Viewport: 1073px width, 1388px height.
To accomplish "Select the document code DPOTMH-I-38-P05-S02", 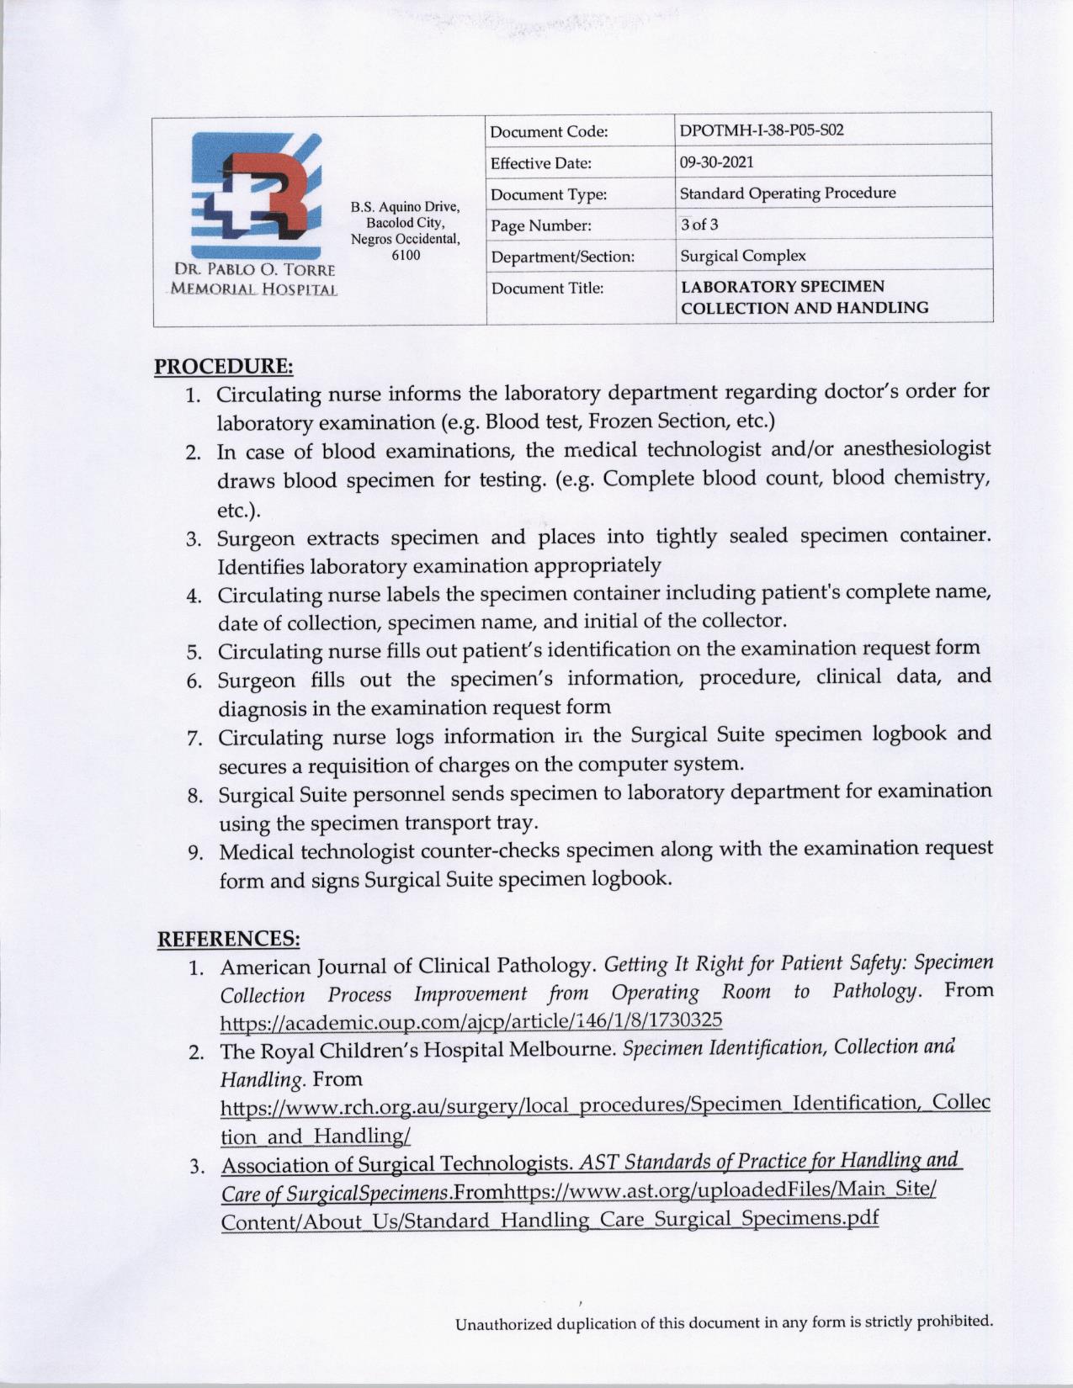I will tap(761, 130).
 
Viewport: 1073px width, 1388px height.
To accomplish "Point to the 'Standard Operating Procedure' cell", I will tap(787, 193).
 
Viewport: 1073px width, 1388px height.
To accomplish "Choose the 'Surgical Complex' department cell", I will tap(742, 256).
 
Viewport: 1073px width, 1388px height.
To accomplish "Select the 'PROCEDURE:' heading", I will tap(224, 366).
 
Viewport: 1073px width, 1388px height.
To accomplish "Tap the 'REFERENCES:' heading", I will tap(229, 938).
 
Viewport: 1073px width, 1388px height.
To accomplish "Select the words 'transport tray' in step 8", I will tap(471, 822).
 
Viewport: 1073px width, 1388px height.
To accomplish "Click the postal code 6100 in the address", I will tap(406, 255).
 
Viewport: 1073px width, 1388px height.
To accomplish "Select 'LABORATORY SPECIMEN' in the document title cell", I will tap(782, 287).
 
